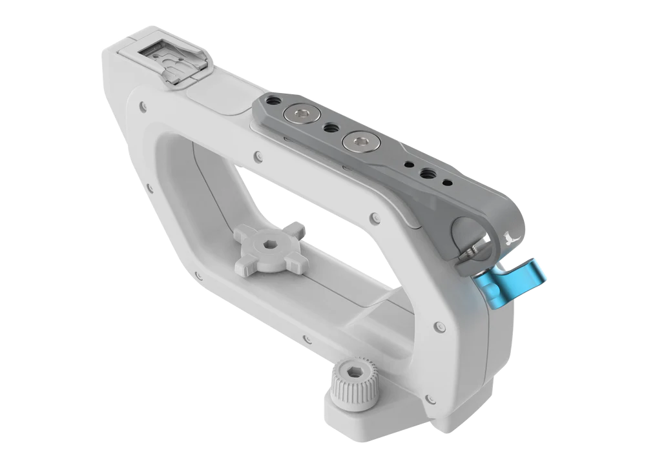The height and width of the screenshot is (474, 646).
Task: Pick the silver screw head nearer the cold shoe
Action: (x=300, y=115)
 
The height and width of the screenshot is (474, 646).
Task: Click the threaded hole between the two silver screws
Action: (x=329, y=128)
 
